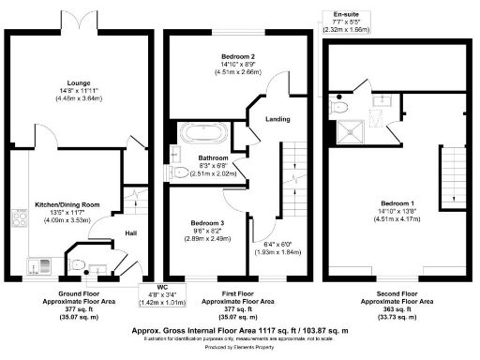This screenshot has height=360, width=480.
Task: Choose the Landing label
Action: (277, 119)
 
